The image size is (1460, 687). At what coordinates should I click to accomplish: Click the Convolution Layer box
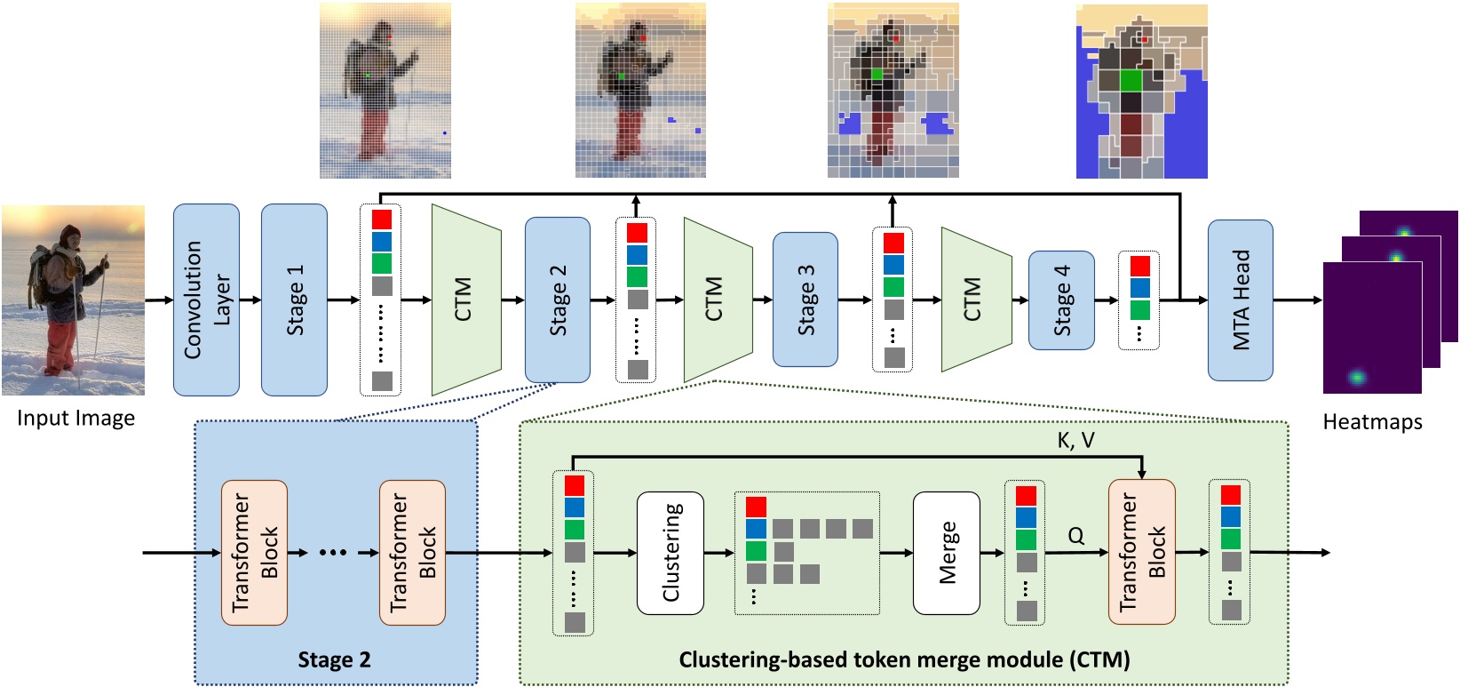pos(206,300)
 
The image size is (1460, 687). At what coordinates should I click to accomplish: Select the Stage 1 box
pos(294,300)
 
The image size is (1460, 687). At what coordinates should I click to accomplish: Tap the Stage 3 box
pos(805,300)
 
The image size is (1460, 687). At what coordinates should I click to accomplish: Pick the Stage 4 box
pos(1061,300)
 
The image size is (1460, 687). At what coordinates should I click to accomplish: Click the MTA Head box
pos(1240,300)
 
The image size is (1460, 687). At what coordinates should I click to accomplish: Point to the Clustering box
pos(670,553)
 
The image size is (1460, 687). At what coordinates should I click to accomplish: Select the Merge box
pos(947,553)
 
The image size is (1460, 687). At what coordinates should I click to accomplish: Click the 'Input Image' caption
pos(75,419)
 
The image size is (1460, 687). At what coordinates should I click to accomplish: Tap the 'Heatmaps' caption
pos(1372,422)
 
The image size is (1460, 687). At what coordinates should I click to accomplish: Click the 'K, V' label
pos(1075,441)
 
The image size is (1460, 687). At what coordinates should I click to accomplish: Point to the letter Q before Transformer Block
pos(1075,536)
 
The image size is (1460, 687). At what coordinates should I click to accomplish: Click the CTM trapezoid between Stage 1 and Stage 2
pos(465,300)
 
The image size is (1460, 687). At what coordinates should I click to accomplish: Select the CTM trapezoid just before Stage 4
pos(975,300)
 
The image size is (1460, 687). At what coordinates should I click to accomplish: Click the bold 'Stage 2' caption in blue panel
pos(334,659)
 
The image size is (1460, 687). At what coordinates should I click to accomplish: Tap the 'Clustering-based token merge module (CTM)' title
pos(904,659)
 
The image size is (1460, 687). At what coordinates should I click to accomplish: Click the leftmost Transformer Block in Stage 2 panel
pos(254,553)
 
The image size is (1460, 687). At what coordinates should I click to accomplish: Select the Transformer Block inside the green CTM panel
pos(1141,553)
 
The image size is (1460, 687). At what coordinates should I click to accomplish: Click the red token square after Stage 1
pos(382,219)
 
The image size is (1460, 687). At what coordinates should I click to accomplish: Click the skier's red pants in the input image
pos(60,345)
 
